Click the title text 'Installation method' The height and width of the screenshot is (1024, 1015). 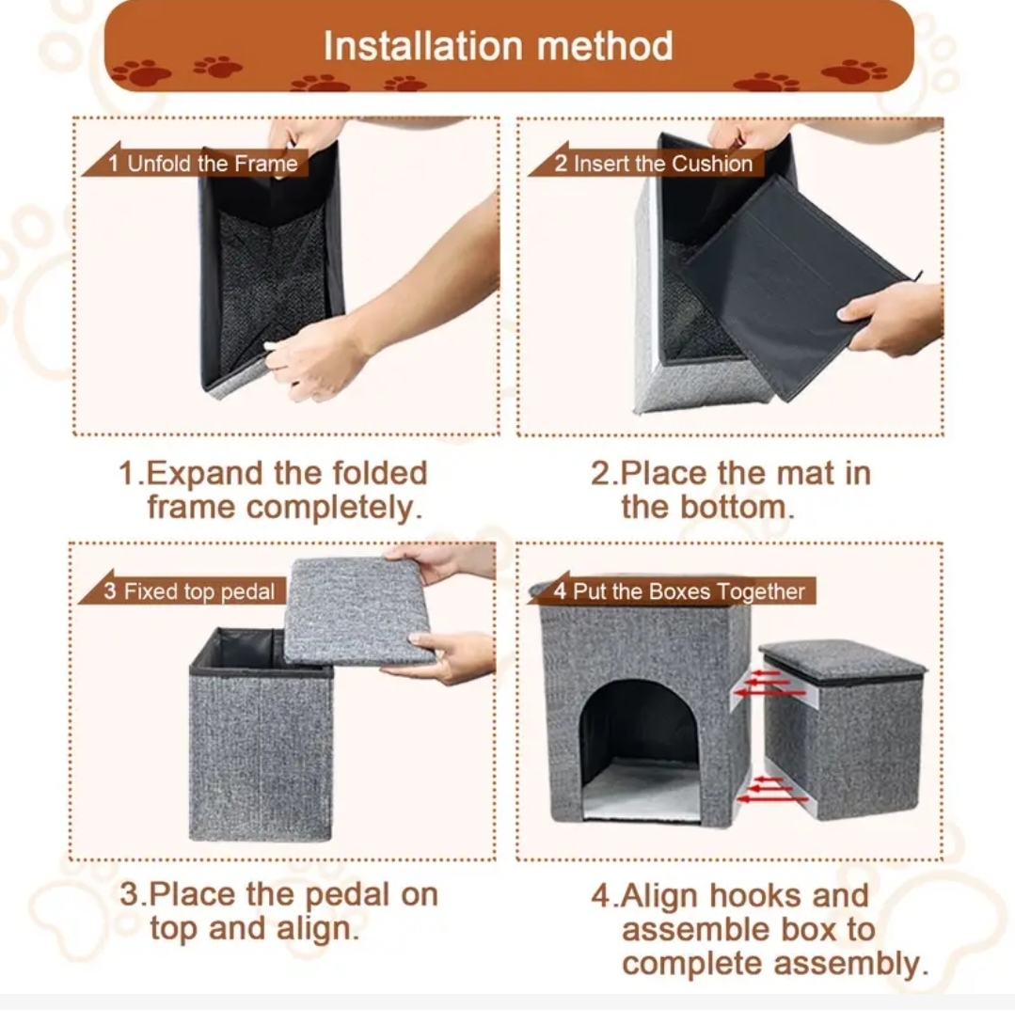(499, 46)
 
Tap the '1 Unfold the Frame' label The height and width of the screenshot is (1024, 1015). (202, 164)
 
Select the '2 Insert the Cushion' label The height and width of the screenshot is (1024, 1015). (653, 164)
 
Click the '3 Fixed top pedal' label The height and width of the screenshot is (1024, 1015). (189, 591)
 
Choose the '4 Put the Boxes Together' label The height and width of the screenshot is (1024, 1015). (679, 591)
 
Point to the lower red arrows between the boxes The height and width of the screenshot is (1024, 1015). (770, 789)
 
